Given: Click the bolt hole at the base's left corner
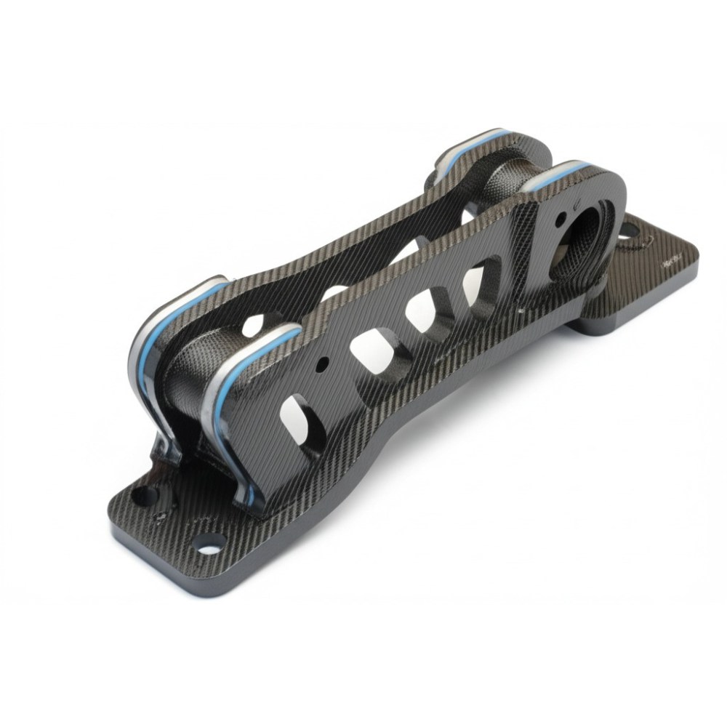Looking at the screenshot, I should click(x=145, y=496).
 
